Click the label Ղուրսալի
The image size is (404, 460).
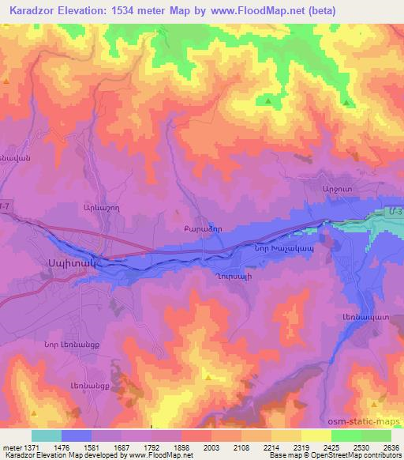pyautogui.click(x=230, y=278)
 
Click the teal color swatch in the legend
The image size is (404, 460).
pyautogui.click(x=47, y=435)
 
